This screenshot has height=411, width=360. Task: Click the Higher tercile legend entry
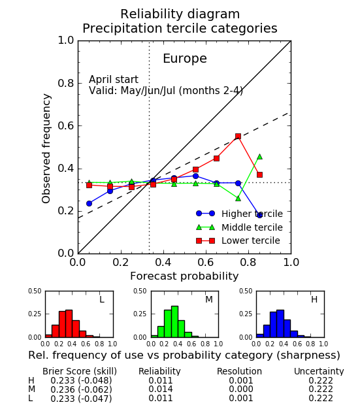click(239, 214)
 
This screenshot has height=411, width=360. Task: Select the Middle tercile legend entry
click(239, 227)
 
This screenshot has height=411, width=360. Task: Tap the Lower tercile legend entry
click(238, 240)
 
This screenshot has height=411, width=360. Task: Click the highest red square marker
click(238, 137)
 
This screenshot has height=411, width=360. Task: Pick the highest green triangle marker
click(259, 157)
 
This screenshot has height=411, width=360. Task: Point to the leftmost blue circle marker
click(89, 203)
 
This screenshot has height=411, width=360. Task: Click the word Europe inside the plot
click(185, 58)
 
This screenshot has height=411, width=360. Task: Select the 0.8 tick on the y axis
click(66, 83)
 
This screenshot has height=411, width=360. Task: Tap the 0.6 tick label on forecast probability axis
click(206, 262)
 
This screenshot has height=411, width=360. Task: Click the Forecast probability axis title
click(184, 276)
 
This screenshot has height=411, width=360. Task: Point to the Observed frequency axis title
click(46, 148)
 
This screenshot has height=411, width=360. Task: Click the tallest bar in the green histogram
click(174, 321)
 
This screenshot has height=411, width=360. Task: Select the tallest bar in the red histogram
click(69, 323)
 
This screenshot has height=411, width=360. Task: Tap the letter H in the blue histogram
click(314, 299)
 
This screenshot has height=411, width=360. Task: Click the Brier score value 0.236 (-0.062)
click(81, 389)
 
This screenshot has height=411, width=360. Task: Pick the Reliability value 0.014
click(161, 389)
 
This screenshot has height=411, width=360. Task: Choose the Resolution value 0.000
click(241, 389)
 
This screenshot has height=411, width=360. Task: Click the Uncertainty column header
click(319, 371)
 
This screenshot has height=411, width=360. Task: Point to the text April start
click(114, 80)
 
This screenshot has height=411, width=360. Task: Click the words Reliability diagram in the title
click(180, 14)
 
